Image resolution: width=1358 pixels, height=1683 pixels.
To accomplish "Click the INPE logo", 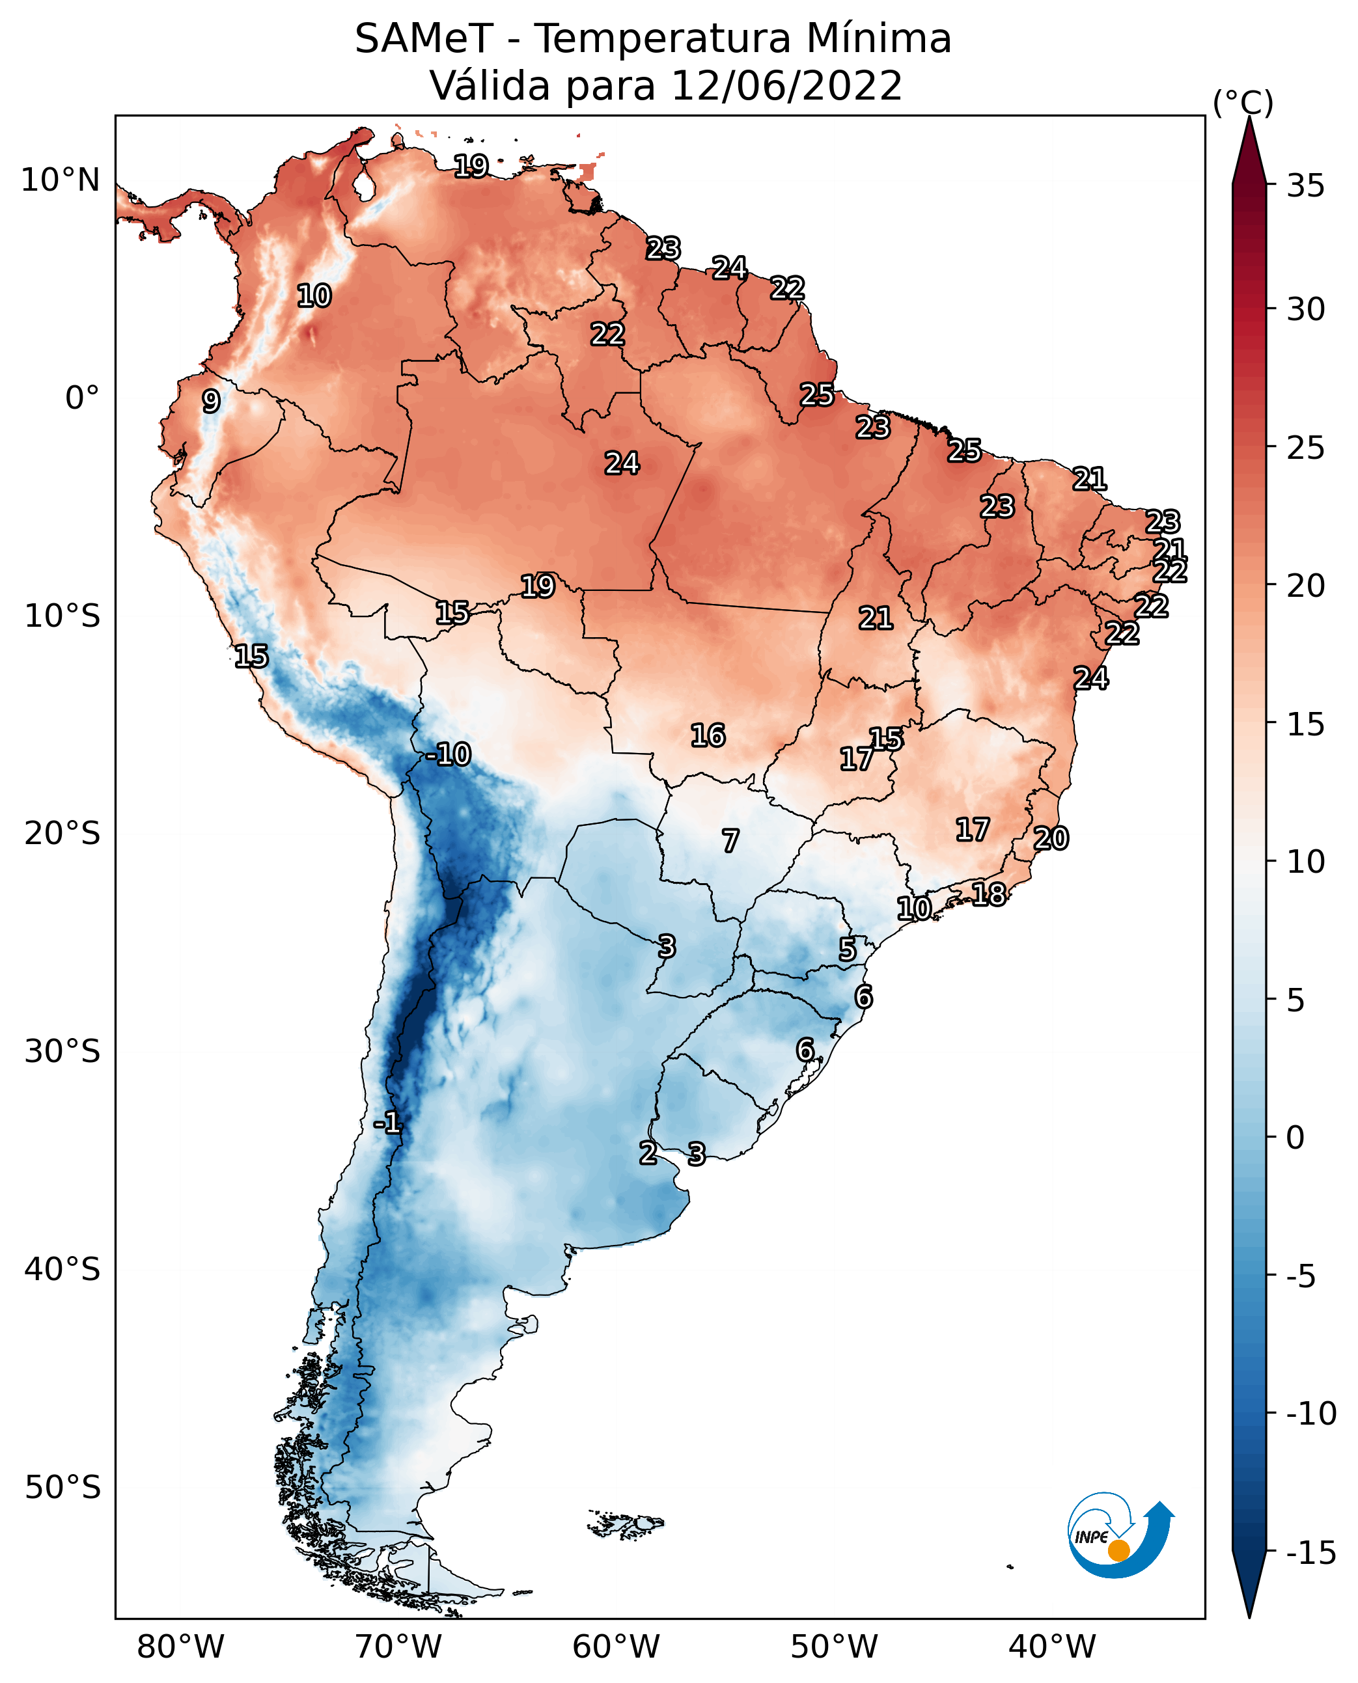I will (x=1120, y=1536).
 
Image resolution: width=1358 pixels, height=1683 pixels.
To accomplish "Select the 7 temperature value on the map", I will (x=730, y=841).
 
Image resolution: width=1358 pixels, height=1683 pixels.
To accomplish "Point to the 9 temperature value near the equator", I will (x=210, y=401).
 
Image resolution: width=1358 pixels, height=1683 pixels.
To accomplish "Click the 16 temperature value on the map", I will (x=707, y=735).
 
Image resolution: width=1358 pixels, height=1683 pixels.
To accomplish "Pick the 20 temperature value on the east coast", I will (x=1051, y=838).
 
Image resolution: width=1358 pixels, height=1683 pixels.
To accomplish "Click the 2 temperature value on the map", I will (x=648, y=1153).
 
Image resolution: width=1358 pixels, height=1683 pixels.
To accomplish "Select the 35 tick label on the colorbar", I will (x=1305, y=186).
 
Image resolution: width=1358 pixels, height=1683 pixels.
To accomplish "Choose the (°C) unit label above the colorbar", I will (x=1243, y=102).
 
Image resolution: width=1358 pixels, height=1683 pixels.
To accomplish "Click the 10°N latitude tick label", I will (x=61, y=181).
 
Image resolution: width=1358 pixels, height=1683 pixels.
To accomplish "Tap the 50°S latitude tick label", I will (x=62, y=1486).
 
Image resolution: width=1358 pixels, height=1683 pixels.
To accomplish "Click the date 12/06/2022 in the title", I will (x=786, y=85).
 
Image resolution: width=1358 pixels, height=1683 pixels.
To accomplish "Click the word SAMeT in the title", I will (x=423, y=38).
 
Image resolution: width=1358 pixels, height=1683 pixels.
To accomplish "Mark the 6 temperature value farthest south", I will (x=805, y=1050).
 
